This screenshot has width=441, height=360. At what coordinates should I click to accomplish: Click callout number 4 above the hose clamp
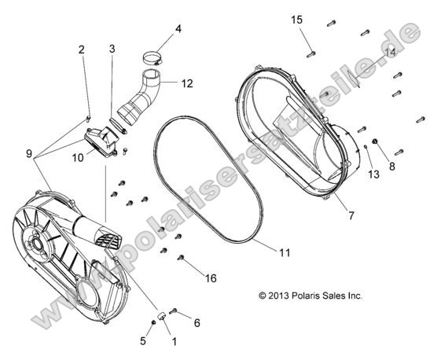(178, 29)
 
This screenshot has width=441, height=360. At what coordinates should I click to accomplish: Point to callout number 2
(81, 50)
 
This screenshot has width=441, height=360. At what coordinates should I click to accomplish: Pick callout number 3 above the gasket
(112, 49)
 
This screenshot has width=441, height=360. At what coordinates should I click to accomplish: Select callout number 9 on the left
(29, 154)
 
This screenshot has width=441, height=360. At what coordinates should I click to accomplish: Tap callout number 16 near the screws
(211, 277)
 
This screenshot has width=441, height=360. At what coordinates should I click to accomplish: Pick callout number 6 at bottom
(197, 322)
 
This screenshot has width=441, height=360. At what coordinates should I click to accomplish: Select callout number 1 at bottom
(174, 341)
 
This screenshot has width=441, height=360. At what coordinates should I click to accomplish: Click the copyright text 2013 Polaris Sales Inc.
(310, 296)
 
